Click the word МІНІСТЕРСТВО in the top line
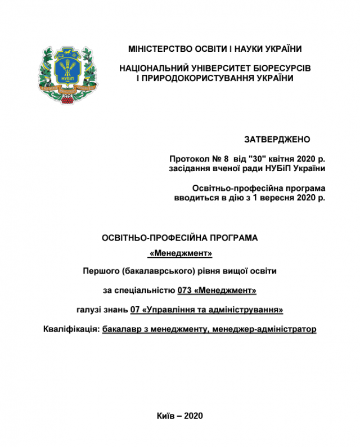click(159, 49)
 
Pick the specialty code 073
click(184, 290)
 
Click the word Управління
click(170, 310)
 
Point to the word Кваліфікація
click(70, 329)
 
